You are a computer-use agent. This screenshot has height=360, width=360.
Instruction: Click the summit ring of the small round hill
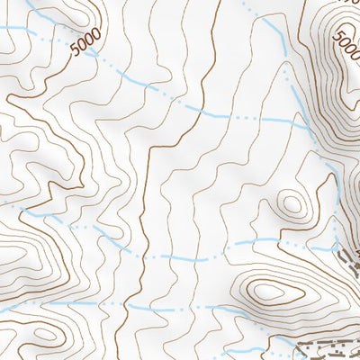[x=291, y=203]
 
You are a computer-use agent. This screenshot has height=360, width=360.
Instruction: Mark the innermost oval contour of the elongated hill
[x=267, y=291]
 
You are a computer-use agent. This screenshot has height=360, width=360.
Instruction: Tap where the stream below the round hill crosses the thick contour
[x=144, y=257]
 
